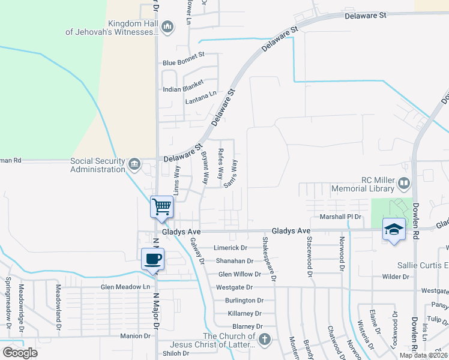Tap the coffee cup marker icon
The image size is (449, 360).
click(153, 259)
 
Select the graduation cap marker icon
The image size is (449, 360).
click(394, 229)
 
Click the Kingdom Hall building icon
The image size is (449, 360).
click(167, 26)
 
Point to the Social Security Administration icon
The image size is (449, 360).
click(134, 163)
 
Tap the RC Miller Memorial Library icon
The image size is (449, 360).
click(405, 182)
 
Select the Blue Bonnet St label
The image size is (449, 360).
click(184, 62)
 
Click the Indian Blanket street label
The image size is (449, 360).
click(184, 89)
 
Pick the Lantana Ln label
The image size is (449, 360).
click(201, 95)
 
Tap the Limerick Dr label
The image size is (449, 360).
click(231, 248)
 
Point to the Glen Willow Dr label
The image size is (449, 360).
click(240, 274)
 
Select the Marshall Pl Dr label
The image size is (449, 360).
click(342, 217)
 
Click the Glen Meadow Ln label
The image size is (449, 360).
click(125, 287)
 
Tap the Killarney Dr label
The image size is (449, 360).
click(244, 313)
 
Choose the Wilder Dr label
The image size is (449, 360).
click(395, 277)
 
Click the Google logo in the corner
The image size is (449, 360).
click(20, 352)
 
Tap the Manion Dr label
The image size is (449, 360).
click(134, 336)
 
